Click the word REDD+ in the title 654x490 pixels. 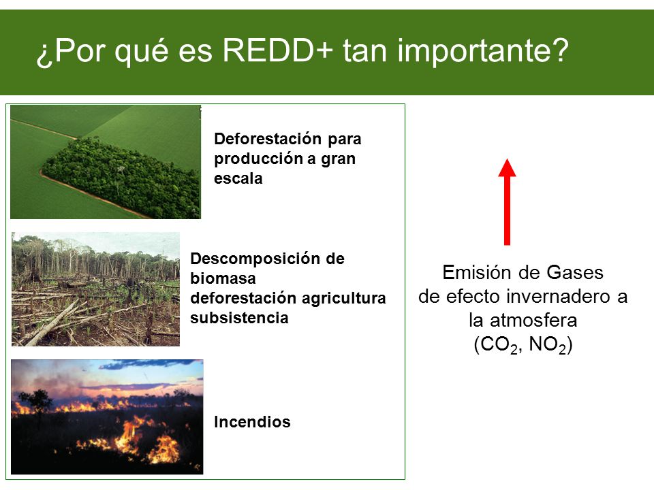pyautogui.click(x=278, y=50)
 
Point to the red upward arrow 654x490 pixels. pyautogui.click(x=507, y=201)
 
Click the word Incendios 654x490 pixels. pyautogui.click(x=252, y=422)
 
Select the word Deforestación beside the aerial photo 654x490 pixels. pyautogui.click(x=268, y=139)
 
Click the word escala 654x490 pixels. pyautogui.click(x=238, y=178)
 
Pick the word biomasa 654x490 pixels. pyautogui.click(x=223, y=278)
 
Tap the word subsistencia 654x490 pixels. pyautogui.click(x=239, y=318)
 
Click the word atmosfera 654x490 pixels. pyautogui.click(x=533, y=321)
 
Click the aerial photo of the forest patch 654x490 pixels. pyautogui.click(x=106, y=162)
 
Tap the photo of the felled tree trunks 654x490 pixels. pyautogui.click(x=95, y=289)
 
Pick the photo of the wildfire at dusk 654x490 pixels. pyautogui.click(x=107, y=416)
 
